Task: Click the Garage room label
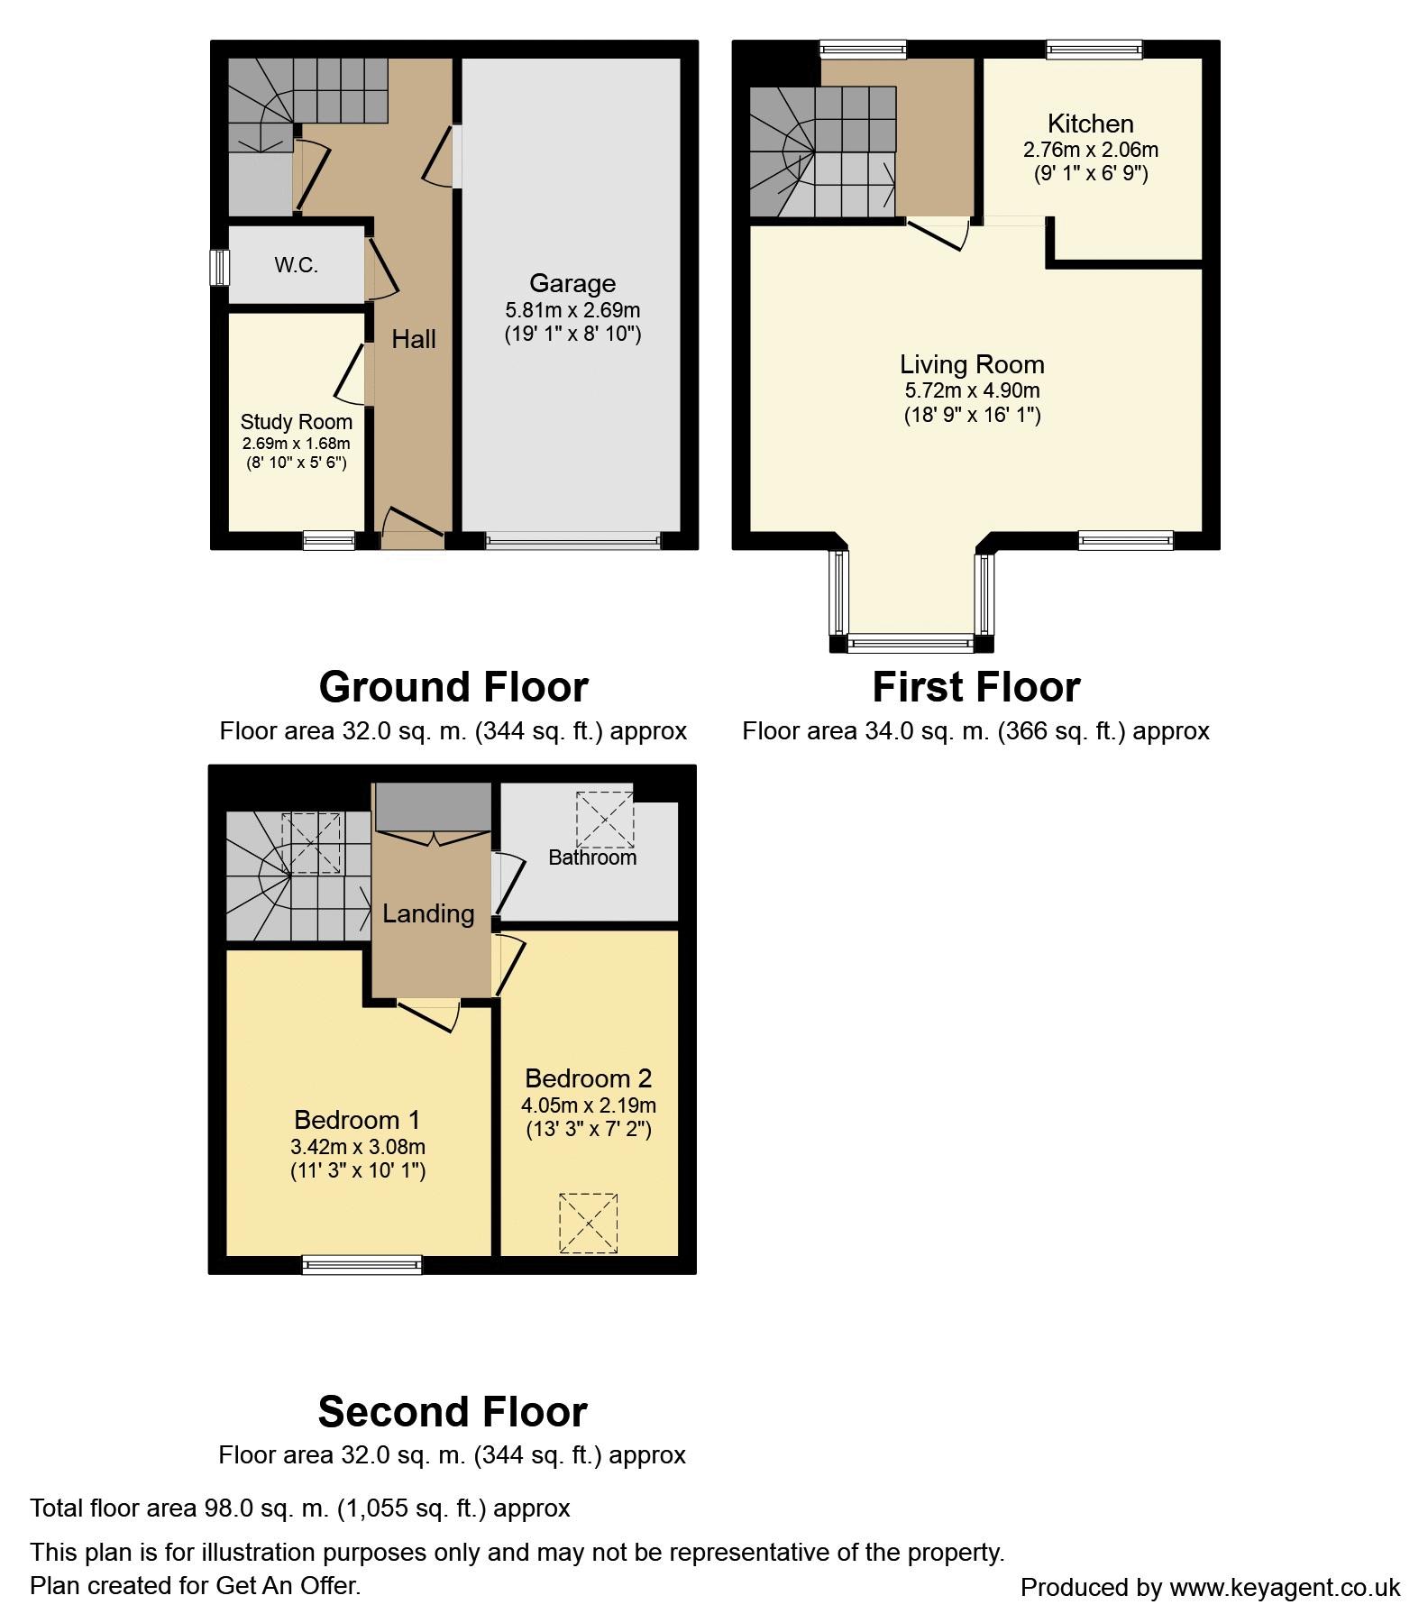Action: [572, 283]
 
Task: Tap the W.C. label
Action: [296, 265]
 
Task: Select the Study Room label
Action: [296, 422]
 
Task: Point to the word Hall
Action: [414, 339]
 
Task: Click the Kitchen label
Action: [1091, 124]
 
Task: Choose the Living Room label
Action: [972, 365]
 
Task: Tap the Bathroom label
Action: [592, 857]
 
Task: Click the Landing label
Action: [428, 913]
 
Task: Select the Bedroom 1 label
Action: [357, 1120]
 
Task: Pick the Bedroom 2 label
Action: [588, 1078]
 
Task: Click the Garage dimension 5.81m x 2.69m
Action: [572, 310]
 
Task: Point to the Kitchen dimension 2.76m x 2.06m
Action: [1091, 150]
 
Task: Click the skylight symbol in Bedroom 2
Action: [588, 1223]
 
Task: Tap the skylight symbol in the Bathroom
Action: [606, 819]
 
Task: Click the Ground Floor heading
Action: [453, 687]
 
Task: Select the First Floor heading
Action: [976, 687]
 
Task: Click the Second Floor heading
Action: [453, 1412]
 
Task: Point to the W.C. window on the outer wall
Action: [219, 267]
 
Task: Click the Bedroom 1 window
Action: [362, 1264]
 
